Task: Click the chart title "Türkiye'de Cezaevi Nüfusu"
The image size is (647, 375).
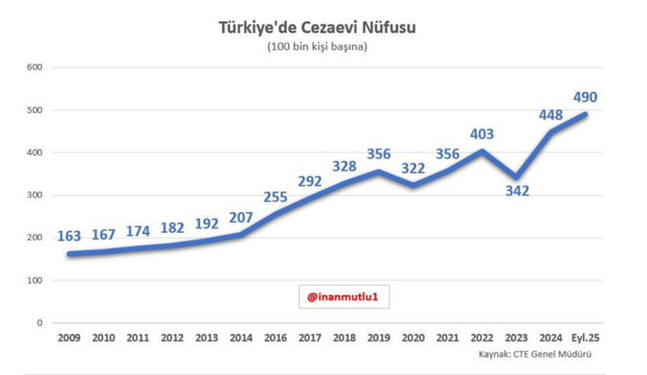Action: (317, 28)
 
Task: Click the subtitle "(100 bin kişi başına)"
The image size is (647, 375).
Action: (317, 47)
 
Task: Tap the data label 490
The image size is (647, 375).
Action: (585, 97)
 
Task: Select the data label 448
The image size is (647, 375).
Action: (551, 114)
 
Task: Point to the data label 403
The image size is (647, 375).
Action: (481, 133)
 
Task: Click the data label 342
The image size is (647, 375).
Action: (517, 191)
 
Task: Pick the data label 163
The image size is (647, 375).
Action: (69, 236)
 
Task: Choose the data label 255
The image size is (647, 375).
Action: (275, 197)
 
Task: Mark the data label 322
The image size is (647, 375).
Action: (413, 168)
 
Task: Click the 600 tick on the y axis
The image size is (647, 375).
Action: (35, 67)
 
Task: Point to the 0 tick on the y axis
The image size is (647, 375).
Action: (39, 323)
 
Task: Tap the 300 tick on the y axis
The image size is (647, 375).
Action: (35, 195)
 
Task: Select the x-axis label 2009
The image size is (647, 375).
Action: (69, 338)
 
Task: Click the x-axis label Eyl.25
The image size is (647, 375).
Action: (585, 338)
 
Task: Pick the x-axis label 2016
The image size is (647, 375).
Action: (275, 338)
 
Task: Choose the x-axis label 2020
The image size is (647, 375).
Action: (413, 338)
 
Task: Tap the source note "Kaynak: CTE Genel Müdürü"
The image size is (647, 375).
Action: (535, 354)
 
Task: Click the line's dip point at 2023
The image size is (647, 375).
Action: (516, 177)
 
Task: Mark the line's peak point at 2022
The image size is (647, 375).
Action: (481, 151)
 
